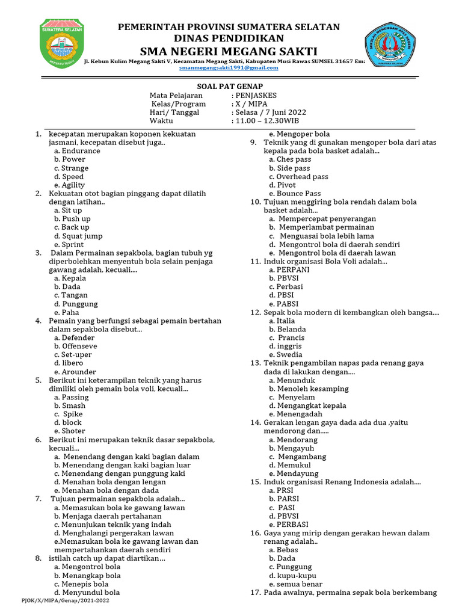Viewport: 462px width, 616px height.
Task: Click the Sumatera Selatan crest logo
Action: coord(61,43)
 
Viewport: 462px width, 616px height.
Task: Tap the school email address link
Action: coord(229,68)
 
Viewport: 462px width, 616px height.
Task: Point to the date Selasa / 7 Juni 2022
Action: coord(268,112)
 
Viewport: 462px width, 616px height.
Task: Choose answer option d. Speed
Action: coord(69,177)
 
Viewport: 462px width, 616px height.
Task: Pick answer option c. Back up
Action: coord(71,227)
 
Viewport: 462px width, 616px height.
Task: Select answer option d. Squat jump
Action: coord(78,236)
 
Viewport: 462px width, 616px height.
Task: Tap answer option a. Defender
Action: coord(75,337)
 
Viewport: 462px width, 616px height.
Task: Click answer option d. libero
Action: coord(68,363)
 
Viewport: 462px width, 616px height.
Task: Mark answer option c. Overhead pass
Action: coord(298,177)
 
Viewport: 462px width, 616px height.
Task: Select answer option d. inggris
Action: coord(285,346)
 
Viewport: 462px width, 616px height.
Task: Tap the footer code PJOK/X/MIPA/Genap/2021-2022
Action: coord(66,600)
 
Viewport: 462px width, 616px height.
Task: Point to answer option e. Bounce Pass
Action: coord(295,194)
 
